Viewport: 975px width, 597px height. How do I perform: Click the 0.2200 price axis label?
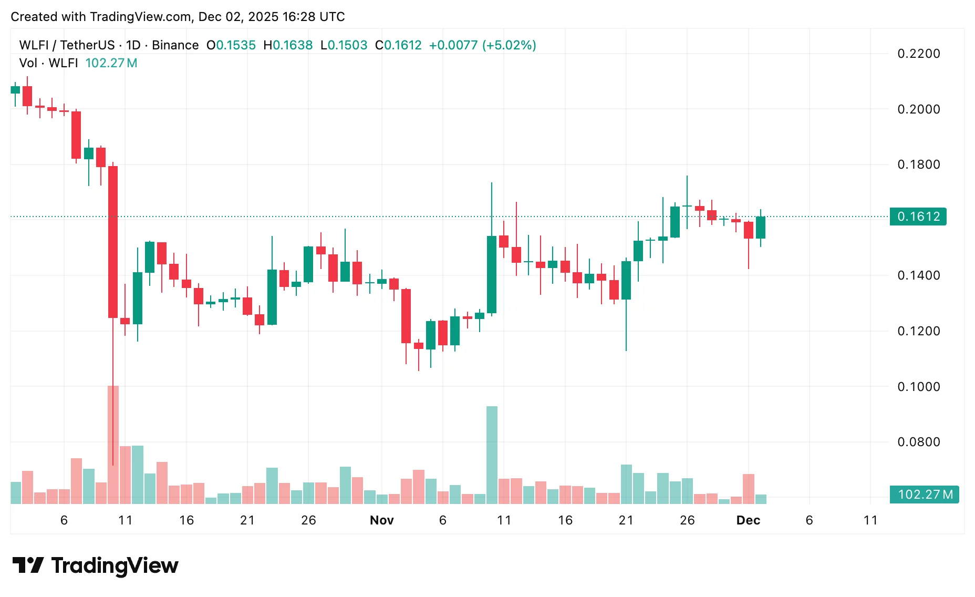[918, 54]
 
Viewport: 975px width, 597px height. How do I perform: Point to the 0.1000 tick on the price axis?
[918, 387]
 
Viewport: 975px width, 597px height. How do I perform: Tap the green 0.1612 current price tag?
[918, 217]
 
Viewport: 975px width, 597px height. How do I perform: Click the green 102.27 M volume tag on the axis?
[924, 495]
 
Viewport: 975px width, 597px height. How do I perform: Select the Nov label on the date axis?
[381, 520]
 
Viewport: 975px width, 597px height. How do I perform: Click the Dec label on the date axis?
[748, 520]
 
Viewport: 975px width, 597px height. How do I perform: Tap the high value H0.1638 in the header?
[288, 45]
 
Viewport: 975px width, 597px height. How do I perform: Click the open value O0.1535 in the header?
[231, 45]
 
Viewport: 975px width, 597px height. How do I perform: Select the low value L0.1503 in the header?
[344, 45]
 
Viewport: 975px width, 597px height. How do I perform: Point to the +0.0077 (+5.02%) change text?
[482, 45]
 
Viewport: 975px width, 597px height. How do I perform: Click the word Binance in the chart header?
[175, 45]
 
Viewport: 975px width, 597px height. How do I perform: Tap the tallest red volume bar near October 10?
[113, 445]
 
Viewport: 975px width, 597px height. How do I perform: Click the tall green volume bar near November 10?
[492, 455]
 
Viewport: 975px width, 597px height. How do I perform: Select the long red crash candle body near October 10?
[113, 242]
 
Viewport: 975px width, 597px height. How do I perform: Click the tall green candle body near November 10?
[492, 274]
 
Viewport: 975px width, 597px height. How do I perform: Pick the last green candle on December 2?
[760, 228]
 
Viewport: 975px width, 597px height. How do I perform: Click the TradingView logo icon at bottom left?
[28, 565]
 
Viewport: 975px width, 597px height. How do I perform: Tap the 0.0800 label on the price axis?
[918, 442]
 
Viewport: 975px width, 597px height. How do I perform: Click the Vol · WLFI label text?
[48, 63]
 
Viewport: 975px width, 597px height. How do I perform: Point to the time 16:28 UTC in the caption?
[314, 17]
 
